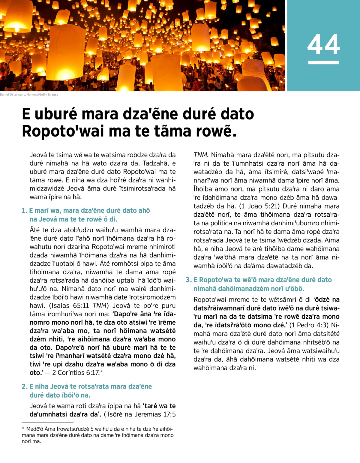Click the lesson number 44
pyautogui.click(x=323, y=45)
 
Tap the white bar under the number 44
pyautogui.click(x=323, y=62)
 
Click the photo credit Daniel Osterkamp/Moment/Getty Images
pyautogui.click(x=29, y=95)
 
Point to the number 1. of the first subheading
pyautogui.click(x=24, y=211)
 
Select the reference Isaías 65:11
pyautogui.click(x=70, y=306)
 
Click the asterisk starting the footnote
pyautogui.click(x=23, y=429)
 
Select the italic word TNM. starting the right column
pyautogui.click(x=201, y=155)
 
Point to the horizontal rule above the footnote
pyautogui.click(x=43, y=422)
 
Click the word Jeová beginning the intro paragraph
pyautogui.click(x=38, y=155)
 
